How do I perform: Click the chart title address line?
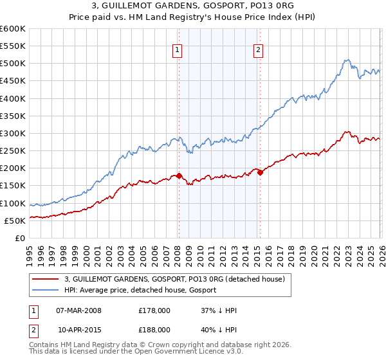(x=192, y=6)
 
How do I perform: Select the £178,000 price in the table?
(x=154, y=310)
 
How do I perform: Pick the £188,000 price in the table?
(x=154, y=330)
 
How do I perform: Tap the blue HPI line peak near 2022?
(x=346, y=60)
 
